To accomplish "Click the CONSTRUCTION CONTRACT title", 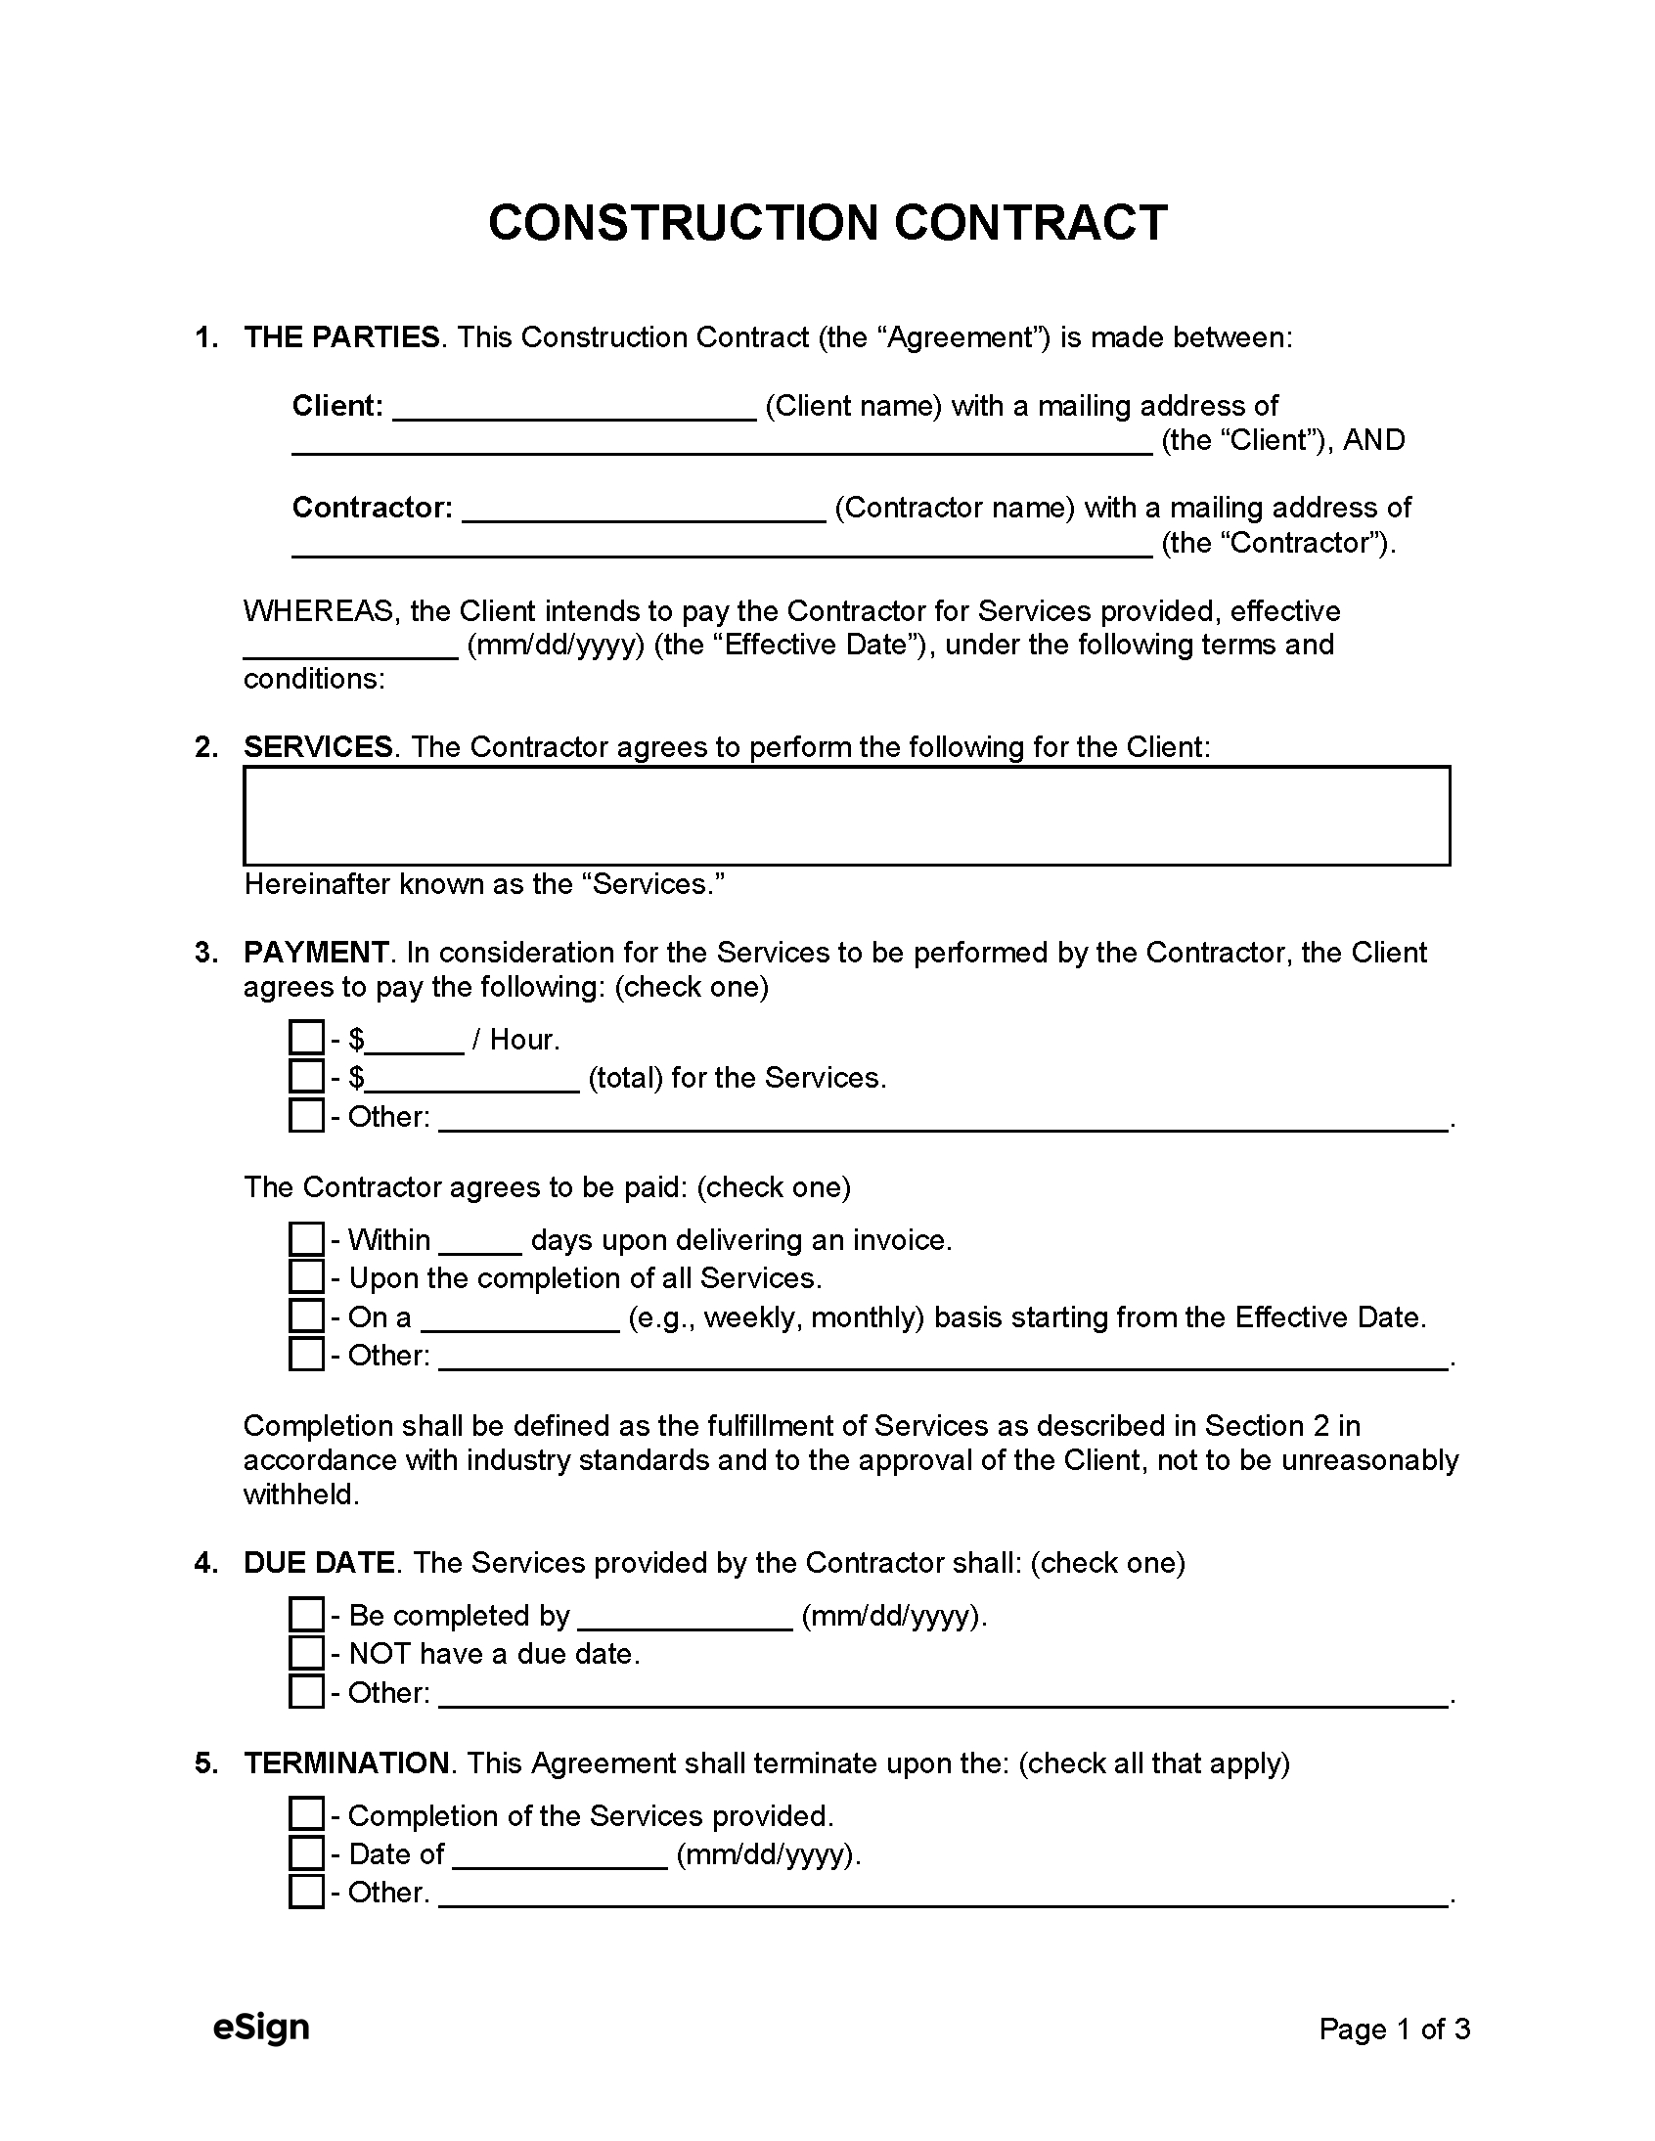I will [x=827, y=223].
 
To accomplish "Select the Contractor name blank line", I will [x=644, y=511].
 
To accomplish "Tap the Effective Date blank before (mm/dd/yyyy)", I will [x=350, y=648].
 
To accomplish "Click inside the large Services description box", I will [x=845, y=816].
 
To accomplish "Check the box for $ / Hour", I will [x=306, y=1038].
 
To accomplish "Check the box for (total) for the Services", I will [x=306, y=1077].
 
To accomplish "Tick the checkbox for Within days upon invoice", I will [x=306, y=1239].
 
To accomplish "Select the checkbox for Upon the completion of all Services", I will [x=306, y=1277].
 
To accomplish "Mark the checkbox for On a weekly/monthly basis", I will [x=306, y=1316].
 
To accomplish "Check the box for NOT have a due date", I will [x=306, y=1653].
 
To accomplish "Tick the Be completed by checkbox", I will [x=306, y=1615].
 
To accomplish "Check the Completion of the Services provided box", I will [x=306, y=1814].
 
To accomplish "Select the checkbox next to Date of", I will [x=306, y=1852].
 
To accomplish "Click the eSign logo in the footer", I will [x=261, y=2028].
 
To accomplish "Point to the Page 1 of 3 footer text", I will [x=1394, y=2029].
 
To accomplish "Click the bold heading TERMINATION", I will [x=346, y=1762].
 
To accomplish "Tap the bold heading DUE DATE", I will [x=319, y=1562].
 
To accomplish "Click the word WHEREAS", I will [x=320, y=611].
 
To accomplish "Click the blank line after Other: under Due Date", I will [x=942, y=1695].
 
